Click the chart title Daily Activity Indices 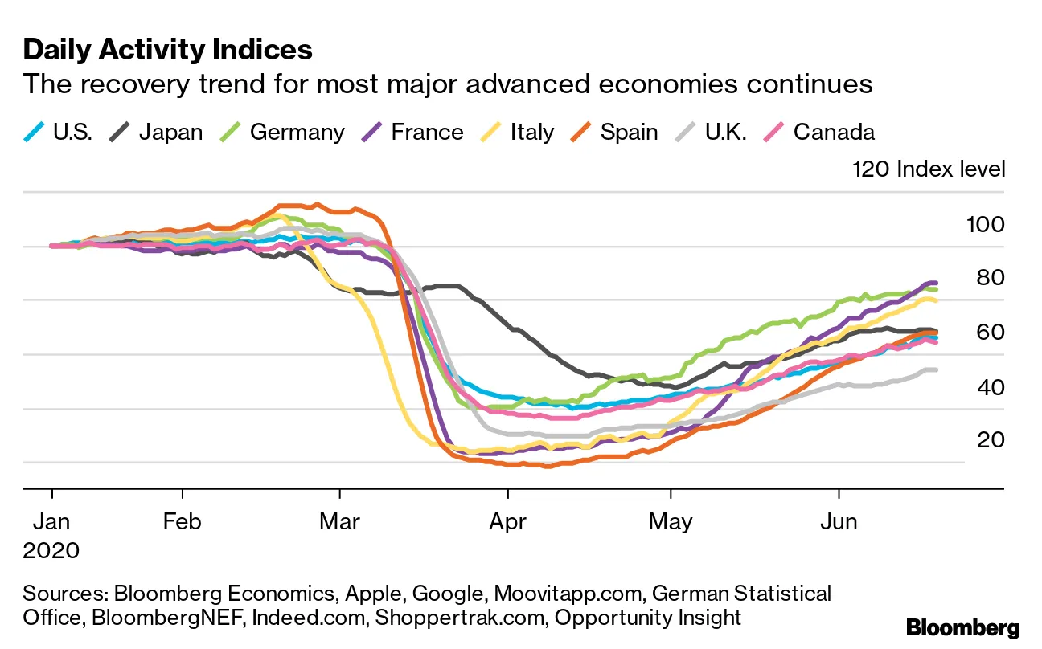pyautogui.click(x=167, y=50)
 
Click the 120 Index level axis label pyautogui.click(x=929, y=169)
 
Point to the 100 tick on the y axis pyautogui.click(x=985, y=224)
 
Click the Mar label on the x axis pyautogui.click(x=339, y=522)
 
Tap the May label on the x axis pyautogui.click(x=671, y=522)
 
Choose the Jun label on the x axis pyautogui.click(x=838, y=522)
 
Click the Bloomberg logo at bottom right pyautogui.click(x=962, y=627)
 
